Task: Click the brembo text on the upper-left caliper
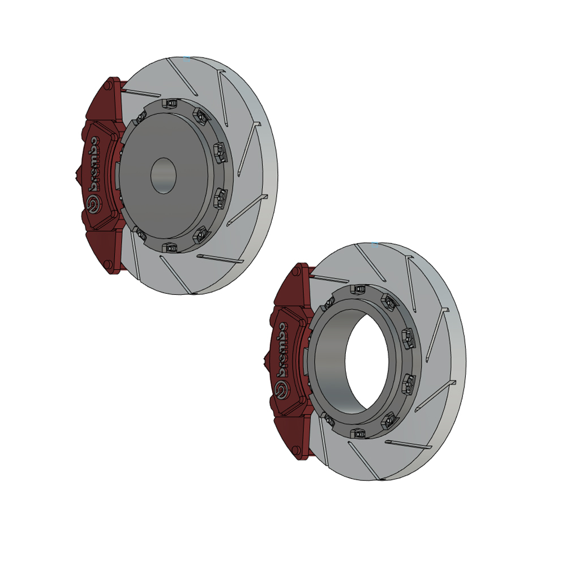tap(95, 164)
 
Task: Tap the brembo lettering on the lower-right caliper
tap(281, 351)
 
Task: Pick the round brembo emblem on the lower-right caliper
tap(281, 390)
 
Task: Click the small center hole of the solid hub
tap(163, 175)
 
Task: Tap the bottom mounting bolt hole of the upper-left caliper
tap(109, 264)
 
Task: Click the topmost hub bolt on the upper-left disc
tap(169, 104)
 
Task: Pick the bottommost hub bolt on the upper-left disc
tap(168, 247)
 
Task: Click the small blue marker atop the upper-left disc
tap(187, 57)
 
